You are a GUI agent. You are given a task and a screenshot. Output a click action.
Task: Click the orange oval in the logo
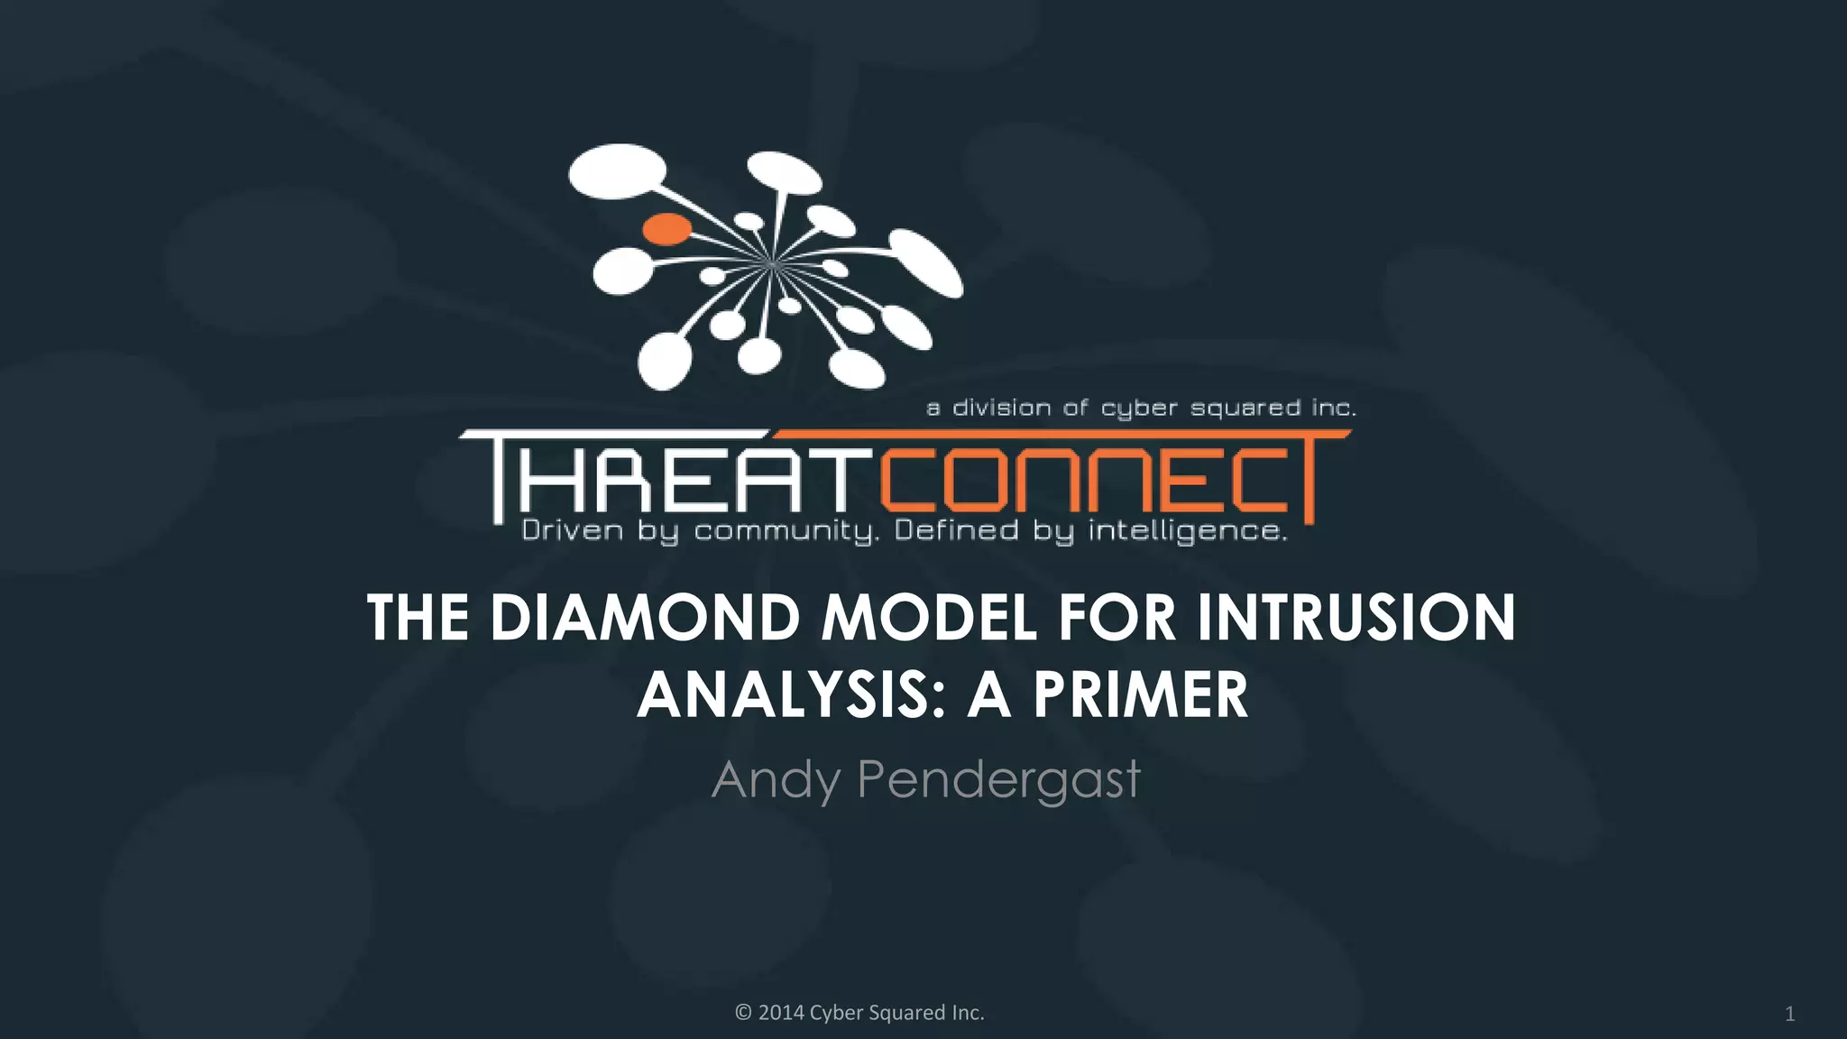[666, 229]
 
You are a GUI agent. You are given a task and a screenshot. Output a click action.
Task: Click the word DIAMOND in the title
[646, 619]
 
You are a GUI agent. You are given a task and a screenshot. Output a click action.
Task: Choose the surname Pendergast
[998, 780]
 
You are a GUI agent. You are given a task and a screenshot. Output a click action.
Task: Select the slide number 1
[1790, 1015]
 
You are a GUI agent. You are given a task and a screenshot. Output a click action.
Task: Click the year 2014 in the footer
[781, 1013]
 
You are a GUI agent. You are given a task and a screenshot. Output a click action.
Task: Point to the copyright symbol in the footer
[743, 1013]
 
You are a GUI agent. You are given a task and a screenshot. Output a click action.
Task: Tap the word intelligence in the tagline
[1187, 531]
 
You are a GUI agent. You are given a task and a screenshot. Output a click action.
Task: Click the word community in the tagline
[785, 531]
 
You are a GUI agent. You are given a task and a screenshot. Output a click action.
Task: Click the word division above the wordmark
[1002, 409]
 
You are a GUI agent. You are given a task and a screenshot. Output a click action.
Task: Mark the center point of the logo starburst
[772, 263]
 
